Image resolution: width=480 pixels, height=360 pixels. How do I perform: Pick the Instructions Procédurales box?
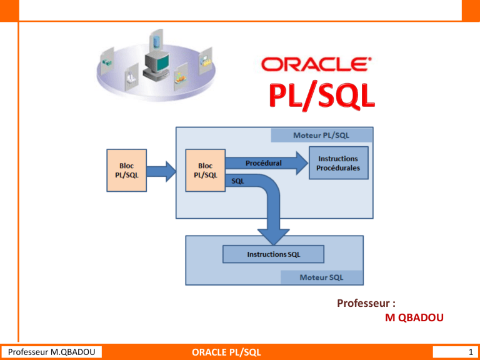coord(338,163)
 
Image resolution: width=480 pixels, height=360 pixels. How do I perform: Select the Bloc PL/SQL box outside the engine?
coord(127,171)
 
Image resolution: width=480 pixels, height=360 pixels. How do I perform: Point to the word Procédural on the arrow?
coord(263,162)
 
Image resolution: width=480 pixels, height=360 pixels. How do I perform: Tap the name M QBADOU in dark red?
coord(415,318)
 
